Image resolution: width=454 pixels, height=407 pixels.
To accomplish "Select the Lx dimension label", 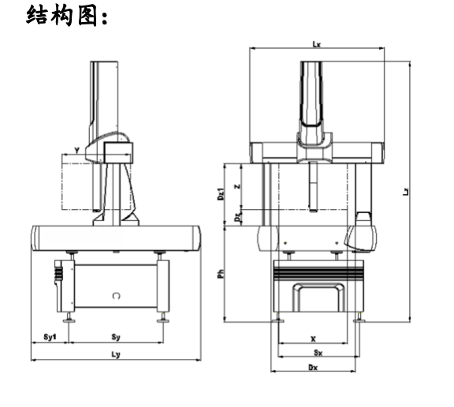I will [x=316, y=44].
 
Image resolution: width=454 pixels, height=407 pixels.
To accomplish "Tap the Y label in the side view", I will [x=76, y=149].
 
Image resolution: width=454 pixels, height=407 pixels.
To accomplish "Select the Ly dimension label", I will [x=116, y=355].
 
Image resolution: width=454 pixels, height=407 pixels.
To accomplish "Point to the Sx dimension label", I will [x=314, y=353].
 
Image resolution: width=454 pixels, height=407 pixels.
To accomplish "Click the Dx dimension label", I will [x=313, y=367].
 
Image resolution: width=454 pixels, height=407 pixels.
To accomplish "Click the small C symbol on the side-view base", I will [x=116, y=296].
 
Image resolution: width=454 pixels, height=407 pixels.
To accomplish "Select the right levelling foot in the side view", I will [x=164, y=319].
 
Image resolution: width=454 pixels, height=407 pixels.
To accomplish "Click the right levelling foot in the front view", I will [x=360, y=319].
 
